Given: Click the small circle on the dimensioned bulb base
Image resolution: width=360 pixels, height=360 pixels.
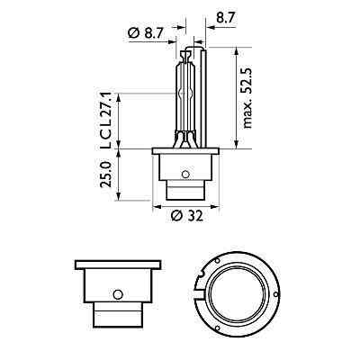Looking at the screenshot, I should (x=185, y=174).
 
